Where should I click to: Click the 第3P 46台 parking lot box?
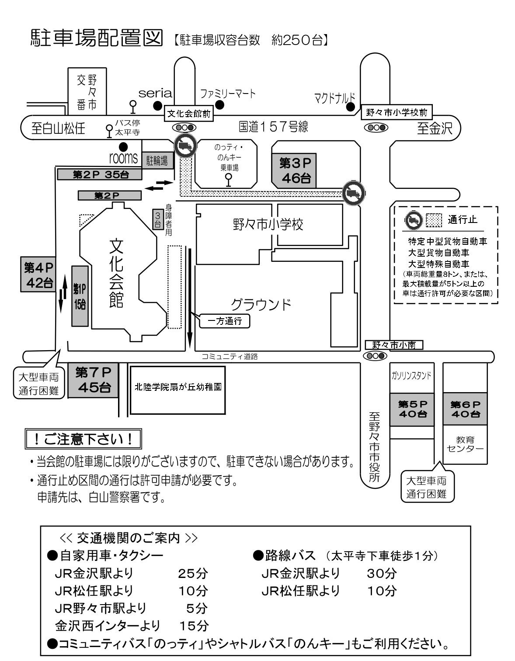click(x=293, y=170)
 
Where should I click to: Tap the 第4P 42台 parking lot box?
click(x=38, y=274)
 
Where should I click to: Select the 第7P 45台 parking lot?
click(x=93, y=380)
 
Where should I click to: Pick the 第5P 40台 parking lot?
click(x=412, y=409)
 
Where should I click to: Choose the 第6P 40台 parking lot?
click(x=465, y=409)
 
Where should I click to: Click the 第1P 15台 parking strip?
click(x=80, y=296)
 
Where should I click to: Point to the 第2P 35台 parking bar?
click(x=100, y=174)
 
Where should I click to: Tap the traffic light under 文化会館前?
click(x=184, y=127)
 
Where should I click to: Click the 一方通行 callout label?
click(x=224, y=321)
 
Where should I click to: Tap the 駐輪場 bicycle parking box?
click(x=157, y=161)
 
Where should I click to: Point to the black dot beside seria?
click(x=157, y=105)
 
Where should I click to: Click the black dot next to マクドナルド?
click(x=350, y=107)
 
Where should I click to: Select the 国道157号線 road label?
click(x=273, y=127)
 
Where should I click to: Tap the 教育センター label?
click(x=465, y=445)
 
